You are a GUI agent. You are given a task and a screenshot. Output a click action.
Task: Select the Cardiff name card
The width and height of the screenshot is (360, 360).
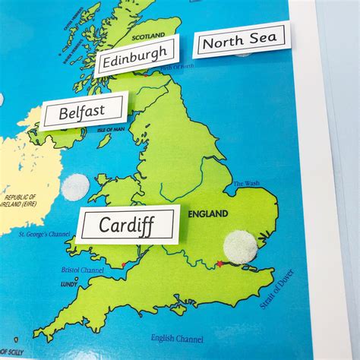[128, 225]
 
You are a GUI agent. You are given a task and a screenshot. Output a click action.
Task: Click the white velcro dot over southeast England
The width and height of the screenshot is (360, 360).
[241, 248]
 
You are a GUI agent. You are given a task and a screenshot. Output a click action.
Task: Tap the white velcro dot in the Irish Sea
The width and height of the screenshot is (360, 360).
[75, 187]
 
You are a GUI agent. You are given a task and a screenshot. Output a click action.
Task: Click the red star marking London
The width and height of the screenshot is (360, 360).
[220, 264]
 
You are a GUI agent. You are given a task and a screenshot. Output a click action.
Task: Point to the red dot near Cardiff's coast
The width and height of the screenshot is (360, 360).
[141, 258]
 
